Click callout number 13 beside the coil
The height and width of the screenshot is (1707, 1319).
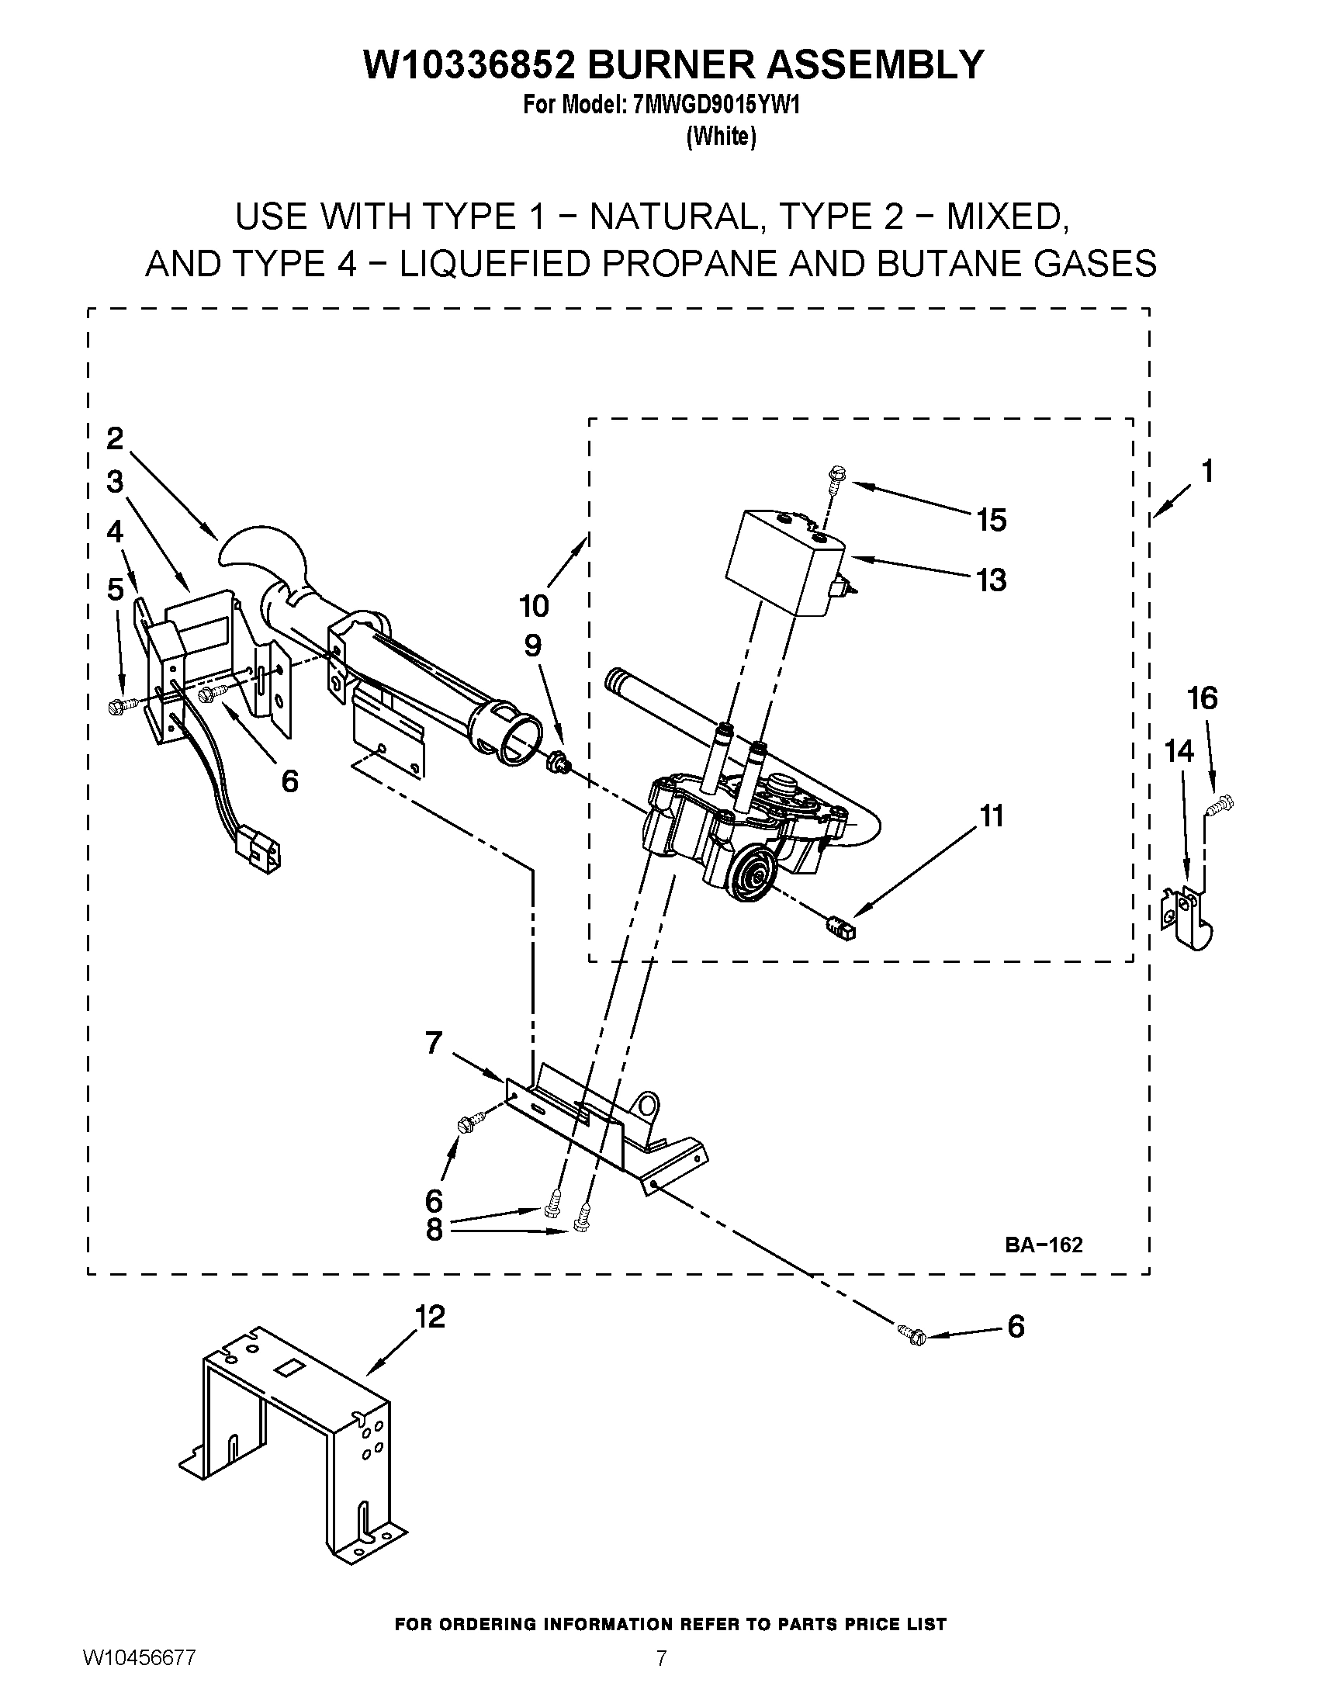(x=991, y=580)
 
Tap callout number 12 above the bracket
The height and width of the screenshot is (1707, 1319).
(x=429, y=1316)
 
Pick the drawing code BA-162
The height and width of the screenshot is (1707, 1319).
(x=1043, y=1245)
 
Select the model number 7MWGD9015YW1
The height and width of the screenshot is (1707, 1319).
(x=714, y=106)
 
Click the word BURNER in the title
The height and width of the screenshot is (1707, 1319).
(x=670, y=64)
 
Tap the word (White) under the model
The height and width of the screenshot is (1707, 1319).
(x=721, y=137)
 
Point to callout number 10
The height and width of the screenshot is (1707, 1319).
(x=534, y=605)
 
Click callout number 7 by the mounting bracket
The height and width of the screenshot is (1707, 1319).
(x=434, y=1043)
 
